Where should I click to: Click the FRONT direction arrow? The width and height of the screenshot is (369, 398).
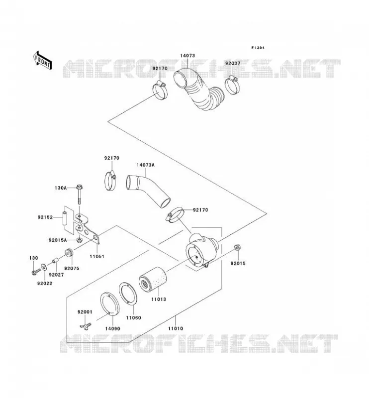pos(43,60)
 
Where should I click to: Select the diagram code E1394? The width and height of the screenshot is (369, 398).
pos(258,48)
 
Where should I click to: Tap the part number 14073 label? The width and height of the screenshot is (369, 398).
pos(187,56)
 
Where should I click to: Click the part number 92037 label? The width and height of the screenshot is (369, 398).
pos(233,63)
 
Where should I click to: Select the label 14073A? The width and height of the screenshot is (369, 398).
pos(145,165)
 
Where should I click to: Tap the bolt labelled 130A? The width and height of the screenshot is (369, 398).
pos(80,195)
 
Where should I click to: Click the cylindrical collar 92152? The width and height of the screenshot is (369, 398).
pos(65,218)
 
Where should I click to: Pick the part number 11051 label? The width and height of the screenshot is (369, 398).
pos(97,256)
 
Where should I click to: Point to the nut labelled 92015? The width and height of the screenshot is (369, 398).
pos(237,247)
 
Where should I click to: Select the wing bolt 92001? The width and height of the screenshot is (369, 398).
pos(85,325)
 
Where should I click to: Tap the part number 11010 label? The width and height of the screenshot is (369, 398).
pos(176,328)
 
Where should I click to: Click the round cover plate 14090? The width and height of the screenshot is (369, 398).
pos(109,304)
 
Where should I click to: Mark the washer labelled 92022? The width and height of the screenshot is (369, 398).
pos(44,267)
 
